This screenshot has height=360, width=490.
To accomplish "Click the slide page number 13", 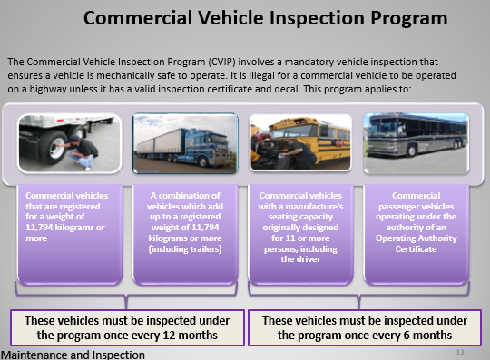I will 460,350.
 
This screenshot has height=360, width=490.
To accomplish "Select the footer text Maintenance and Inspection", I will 73,354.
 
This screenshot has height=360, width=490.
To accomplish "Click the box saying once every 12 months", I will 128,327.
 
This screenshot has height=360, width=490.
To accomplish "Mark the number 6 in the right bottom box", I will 413,335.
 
